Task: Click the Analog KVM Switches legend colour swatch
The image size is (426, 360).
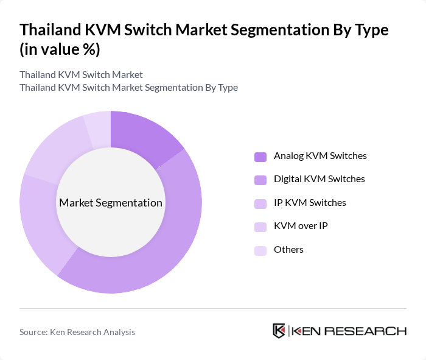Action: [x=260, y=157]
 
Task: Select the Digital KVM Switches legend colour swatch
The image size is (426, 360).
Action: [x=260, y=180]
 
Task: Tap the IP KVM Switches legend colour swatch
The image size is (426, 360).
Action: [x=260, y=203]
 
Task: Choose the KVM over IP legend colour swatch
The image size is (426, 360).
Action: [x=260, y=227]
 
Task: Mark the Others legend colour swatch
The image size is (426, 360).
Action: [x=260, y=250]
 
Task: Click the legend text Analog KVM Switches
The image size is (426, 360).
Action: [x=320, y=156]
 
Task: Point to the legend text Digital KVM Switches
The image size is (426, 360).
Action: [x=319, y=179]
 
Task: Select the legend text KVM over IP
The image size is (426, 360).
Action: [x=301, y=226]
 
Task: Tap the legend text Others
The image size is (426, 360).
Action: [x=288, y=249]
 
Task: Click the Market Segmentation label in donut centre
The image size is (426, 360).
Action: [x=111, y=203]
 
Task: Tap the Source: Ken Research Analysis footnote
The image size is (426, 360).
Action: [x=77, y=332]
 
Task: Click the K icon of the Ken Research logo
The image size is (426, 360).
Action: [x=279, y=331]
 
